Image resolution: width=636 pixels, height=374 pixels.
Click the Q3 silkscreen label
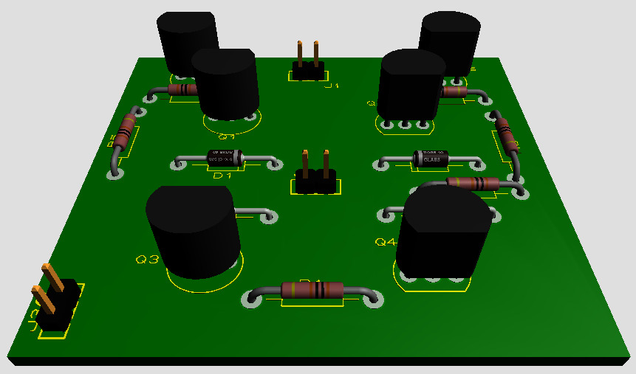[x=147, y=260]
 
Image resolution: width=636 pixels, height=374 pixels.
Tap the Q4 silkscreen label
[x=386, y=242]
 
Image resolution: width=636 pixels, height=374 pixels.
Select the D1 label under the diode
[x=222, y=176]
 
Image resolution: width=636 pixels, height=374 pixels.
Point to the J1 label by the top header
[x=332, y=86]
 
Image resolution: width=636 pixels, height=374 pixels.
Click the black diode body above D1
[x=222, y=158]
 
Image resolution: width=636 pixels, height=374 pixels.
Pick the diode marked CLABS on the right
[x=431, y=157]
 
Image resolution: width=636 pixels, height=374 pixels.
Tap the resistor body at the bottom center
[x=313, y=290]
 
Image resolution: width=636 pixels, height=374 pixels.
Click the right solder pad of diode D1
[x=274, y=165]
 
